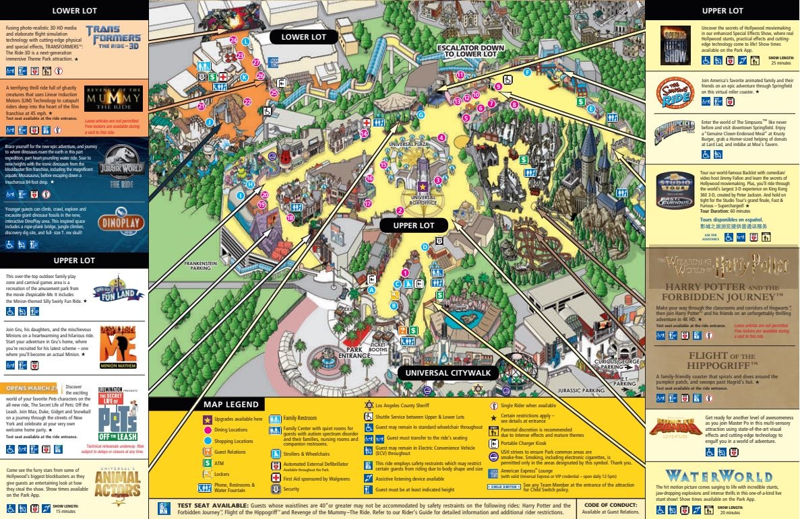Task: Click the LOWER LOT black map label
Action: (x=303, y=37)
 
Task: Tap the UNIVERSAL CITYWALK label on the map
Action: (x=448, y=372)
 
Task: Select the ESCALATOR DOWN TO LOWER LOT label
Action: (x=470, y=50)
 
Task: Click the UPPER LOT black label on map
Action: (x=413, y=226)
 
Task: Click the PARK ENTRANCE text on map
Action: (x=355, y=353)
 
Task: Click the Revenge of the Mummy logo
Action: (x=113, y=98)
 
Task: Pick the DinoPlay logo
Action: (x=121, y=223)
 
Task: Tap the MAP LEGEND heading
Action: (x=231, y=405)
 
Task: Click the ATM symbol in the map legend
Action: (x=207, y=463)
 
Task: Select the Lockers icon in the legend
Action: (x=207, y=475)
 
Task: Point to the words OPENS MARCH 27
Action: (x=31, y=388)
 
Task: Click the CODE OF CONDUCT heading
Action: (x=610, y=505)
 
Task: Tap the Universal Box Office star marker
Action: (x=423, y=186)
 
